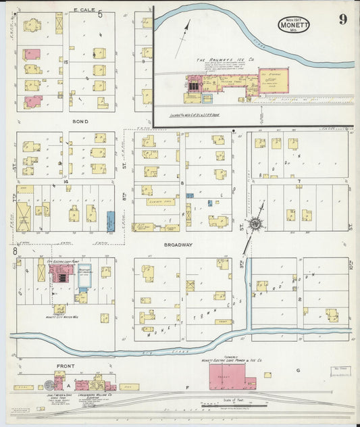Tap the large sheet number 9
[x=342, y=19]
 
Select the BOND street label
[x=80, y=122]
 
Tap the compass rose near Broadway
[x=257, y=224]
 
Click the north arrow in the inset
[x=183, y=38]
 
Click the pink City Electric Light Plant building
[x=61, y=274]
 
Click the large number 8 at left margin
[x=14, y=251]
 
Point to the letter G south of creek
[x=297, y=370]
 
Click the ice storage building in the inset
[x=274, y=80]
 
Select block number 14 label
[x=66, y=182]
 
